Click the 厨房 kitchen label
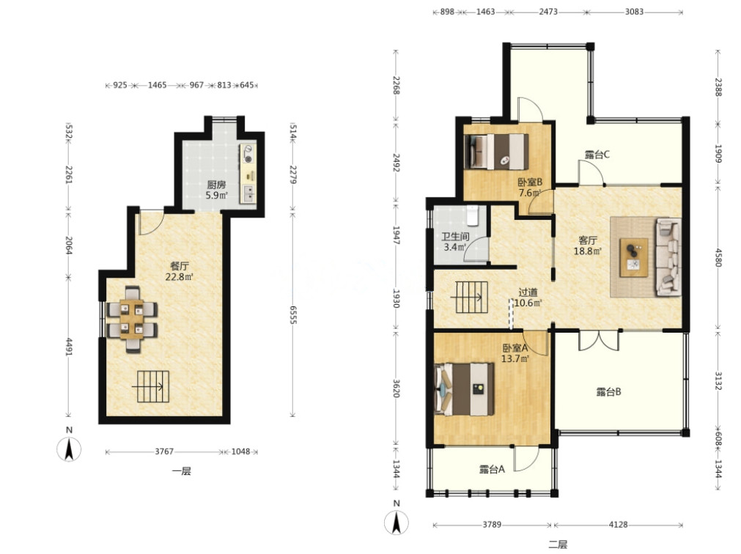[216, 184]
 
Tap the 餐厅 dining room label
[179, 266]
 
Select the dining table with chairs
[132, 320]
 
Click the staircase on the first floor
[152, 386]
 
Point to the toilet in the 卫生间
[473, 215]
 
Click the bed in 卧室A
[465, 388]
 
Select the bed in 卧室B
[496, 152]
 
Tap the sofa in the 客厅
[668, 257]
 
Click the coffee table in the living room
[634, 257]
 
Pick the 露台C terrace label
[597, 155]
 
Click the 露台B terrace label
[608, 391]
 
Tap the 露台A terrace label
[492, 469]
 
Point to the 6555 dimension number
[292, 314]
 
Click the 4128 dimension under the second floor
[618, 524]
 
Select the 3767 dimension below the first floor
[164, 451]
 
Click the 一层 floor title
[181, 471]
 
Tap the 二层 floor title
[558, 544]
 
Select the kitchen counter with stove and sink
[248, 174]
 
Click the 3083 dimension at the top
[634, 12]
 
